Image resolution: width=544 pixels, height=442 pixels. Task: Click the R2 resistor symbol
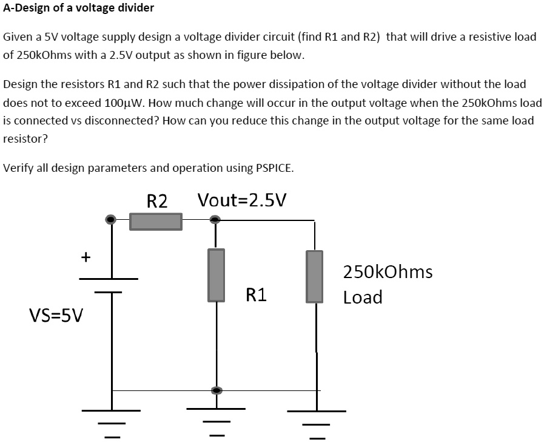pyautogui.click(x=156, y=221)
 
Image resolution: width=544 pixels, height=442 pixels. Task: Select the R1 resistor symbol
pyautogui.click(x=217, y=275)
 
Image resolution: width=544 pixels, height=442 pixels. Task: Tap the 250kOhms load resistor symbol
pyautogui.click(x=314, y=276)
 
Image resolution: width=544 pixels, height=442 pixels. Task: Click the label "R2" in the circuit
pyautogui.click(x=157, y=201)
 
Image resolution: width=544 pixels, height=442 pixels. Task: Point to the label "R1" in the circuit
pyautogui.click(x=256, y=296)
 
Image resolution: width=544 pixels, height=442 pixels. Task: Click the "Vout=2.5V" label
pyautogui.click(x=243, y=200)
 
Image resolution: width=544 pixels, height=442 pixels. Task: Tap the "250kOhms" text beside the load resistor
pyautogui.click(x=388, y=271)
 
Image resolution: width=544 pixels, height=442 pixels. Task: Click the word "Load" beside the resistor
pyautogui.click(x=363, y=297)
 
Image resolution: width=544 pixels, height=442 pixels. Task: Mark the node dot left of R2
pyautogui.click(x=111, y=219)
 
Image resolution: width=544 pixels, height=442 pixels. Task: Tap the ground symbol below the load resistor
pyautogui.click(x=316, y=423)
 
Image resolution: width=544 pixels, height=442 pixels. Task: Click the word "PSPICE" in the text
pyautogui.click(x=270, y=168)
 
